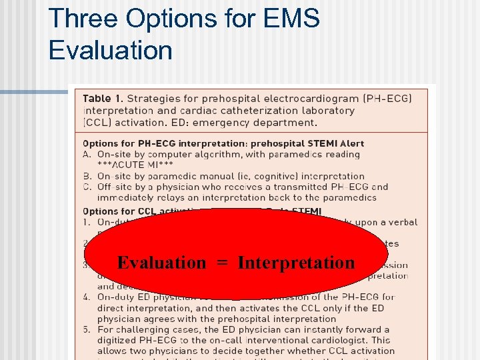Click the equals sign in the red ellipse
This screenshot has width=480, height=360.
click(222, 263)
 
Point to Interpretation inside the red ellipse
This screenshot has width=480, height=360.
click(296, 263)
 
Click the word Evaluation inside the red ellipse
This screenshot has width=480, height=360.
click(162, 263)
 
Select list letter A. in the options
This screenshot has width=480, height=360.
click(87, 154)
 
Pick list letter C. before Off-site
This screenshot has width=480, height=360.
click(87, 187)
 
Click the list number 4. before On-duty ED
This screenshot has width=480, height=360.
click(87, 297)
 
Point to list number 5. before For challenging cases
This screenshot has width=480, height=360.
click(87, 329)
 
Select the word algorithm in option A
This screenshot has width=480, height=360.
click(212, 154)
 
